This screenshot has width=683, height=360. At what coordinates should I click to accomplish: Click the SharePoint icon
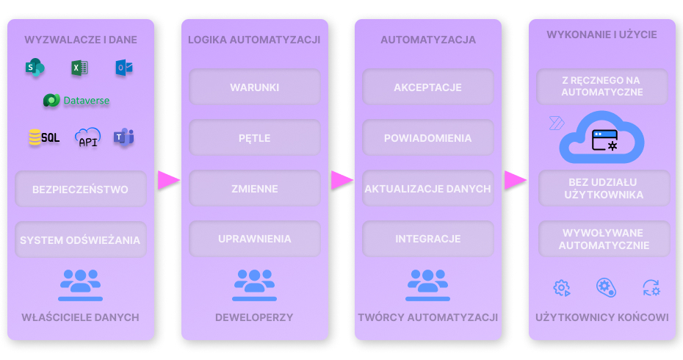pyautogui.click(x=34, y=68)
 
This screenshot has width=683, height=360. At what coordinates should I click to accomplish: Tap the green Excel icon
pyautogui.click(x=79, y=68)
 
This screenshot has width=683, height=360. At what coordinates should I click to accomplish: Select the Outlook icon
pyautogui.click(x=123, y=68)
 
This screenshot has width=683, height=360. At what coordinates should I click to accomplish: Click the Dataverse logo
pyautogui.click(x=76, y=101)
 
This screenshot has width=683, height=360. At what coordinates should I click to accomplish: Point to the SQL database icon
pyautogui.click(x=44, y=137)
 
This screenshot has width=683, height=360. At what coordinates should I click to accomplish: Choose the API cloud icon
pyautogui.click(x=88, y=137)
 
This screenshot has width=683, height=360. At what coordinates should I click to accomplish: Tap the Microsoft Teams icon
pyautogui.click(x=123, y=137)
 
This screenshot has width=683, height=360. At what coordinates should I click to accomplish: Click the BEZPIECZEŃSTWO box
pyautogui.click(x=81, y=189)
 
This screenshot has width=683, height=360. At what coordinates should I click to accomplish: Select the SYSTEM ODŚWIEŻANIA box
pyautogui.click(x=81, y=240)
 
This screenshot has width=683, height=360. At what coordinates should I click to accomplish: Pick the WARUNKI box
pyautogui.click(x=254, y=87)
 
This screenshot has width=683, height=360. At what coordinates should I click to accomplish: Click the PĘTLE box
pyautogui.click(x=254, y=138)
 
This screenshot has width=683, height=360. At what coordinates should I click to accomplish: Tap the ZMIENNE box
pyautogui.click(x=254, y=189)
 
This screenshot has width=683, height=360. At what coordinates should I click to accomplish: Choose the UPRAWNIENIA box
pyautogui.click(x=254, y=239)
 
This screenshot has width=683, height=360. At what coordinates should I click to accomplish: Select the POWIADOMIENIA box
pyautogui.click(x=427, y=138)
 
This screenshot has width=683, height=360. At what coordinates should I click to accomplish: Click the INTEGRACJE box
pyautogui.click(x=427, y=239)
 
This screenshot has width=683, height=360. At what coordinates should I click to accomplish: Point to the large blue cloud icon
pyautogui.click(x=602, y=137)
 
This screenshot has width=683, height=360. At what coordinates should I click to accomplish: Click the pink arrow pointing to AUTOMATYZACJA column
pyautogui.click(x=342, y=180)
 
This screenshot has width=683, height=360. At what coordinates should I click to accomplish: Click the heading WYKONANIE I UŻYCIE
pyautogui.click(x=601, y=35)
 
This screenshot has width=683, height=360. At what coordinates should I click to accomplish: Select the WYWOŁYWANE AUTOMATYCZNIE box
pyautogui.click(x=604, y=240)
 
